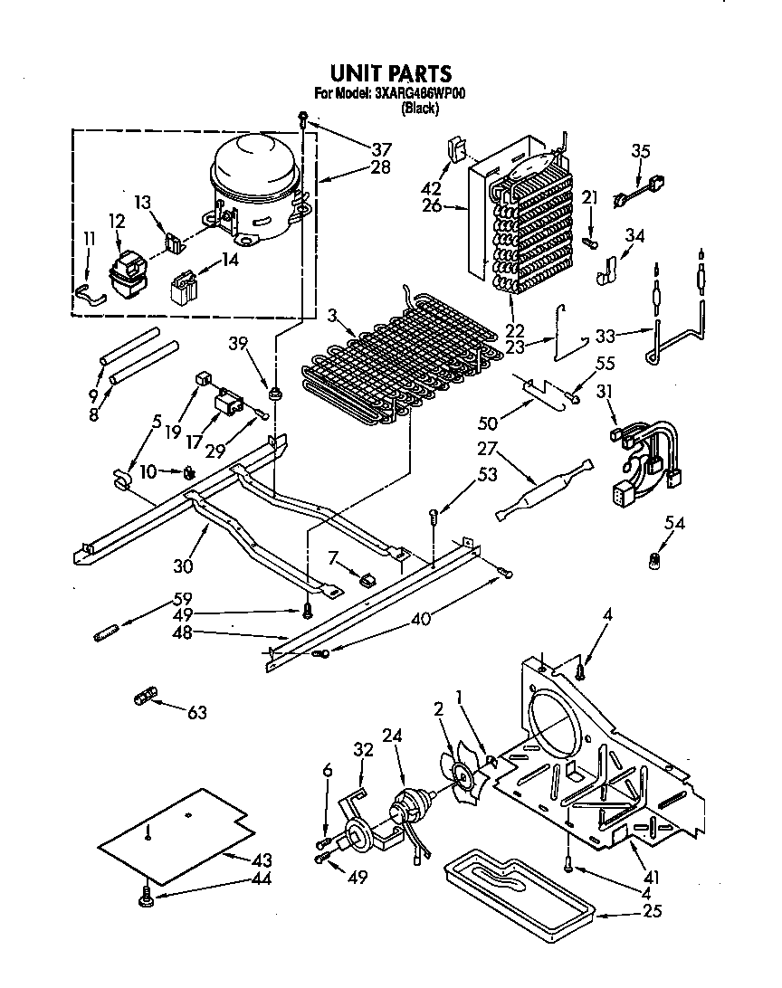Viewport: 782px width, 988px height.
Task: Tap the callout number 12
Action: point(117,220)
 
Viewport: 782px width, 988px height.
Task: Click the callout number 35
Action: point(640,151)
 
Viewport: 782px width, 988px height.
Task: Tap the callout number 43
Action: point(262,859)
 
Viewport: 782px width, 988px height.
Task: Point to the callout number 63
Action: point(197,712)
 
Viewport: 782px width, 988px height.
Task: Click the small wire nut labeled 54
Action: point(650,562)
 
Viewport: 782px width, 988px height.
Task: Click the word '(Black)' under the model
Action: point(420,109)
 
